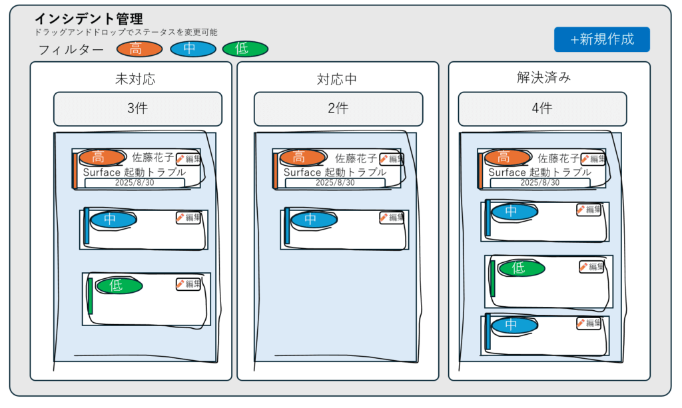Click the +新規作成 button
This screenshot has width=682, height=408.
point(601,39)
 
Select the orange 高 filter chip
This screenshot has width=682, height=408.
point(139,49)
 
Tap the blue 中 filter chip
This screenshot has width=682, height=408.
point(193,49)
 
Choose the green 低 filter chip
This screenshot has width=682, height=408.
point(245,49)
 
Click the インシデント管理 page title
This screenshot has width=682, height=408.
point(89,19)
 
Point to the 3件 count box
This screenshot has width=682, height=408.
point(137,108)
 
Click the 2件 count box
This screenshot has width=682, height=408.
point(338,108)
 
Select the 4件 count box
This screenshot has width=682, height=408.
point(542,108)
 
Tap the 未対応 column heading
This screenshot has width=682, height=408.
point(135,79)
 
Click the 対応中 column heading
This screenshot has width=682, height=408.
point(337,79)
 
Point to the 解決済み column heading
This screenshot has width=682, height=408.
point(543,78)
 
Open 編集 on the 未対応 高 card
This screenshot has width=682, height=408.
point(188,159)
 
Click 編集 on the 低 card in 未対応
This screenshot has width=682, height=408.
point(188,284)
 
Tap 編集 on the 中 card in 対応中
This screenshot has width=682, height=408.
point(392,218)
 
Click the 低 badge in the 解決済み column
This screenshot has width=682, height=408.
point(518,268)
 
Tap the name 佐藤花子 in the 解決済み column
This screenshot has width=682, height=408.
point(559,158)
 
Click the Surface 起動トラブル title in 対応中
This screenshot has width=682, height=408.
point(334,172)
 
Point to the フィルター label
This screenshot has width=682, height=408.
point(71,49)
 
